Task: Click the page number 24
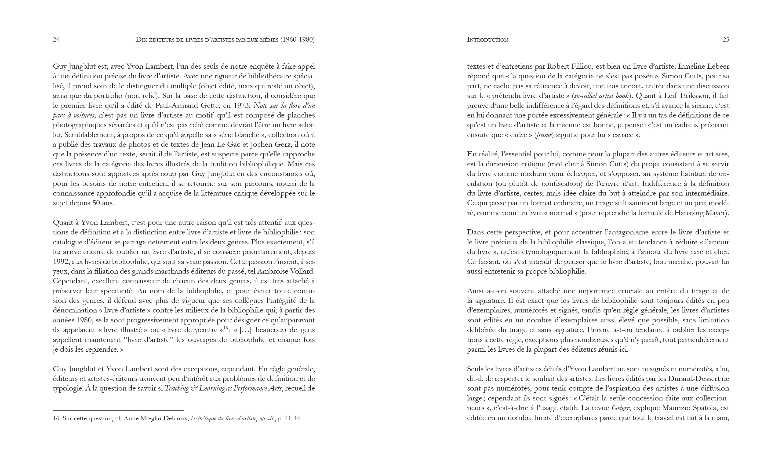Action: (x=56, y=40)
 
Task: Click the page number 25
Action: (x=726, y=40)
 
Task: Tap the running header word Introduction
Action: (x=488, y=40)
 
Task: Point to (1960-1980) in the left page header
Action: (x=297, y=40)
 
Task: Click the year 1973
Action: (x=241, y=106)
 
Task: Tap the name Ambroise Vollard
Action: (x=286, y=271)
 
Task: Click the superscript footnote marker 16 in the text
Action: (x=226, y=328)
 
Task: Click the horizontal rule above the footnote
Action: (x=118, y=411)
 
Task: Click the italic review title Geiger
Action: (x=620, y=408)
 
